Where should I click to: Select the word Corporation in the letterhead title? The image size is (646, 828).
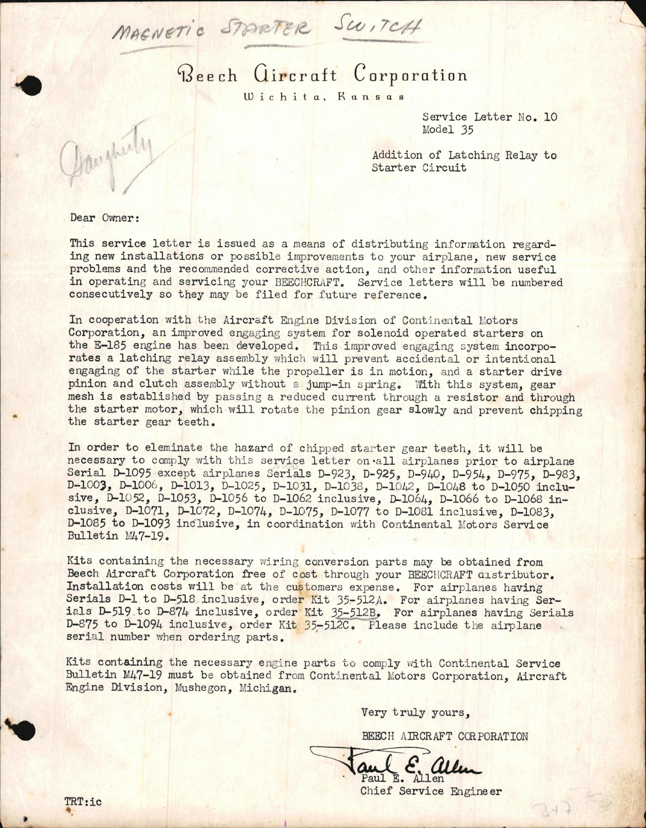tap(410, 76)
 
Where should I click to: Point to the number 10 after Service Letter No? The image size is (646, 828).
tap(550, 117)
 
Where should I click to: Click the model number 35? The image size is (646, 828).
tap(467, 130)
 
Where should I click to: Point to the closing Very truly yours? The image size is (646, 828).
tap(416, 713)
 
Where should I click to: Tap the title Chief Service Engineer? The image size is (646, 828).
tap(431, 791)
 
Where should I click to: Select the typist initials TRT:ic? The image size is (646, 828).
tap(83, 802)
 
